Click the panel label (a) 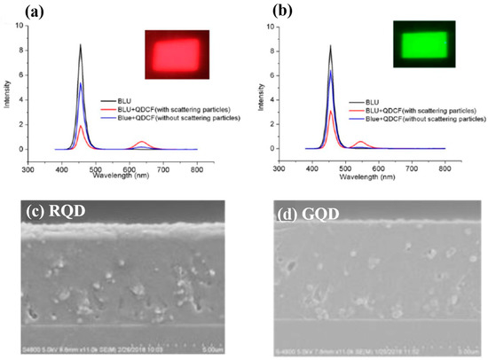(x=14, y=12)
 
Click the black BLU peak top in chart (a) (x=82, y=45)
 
